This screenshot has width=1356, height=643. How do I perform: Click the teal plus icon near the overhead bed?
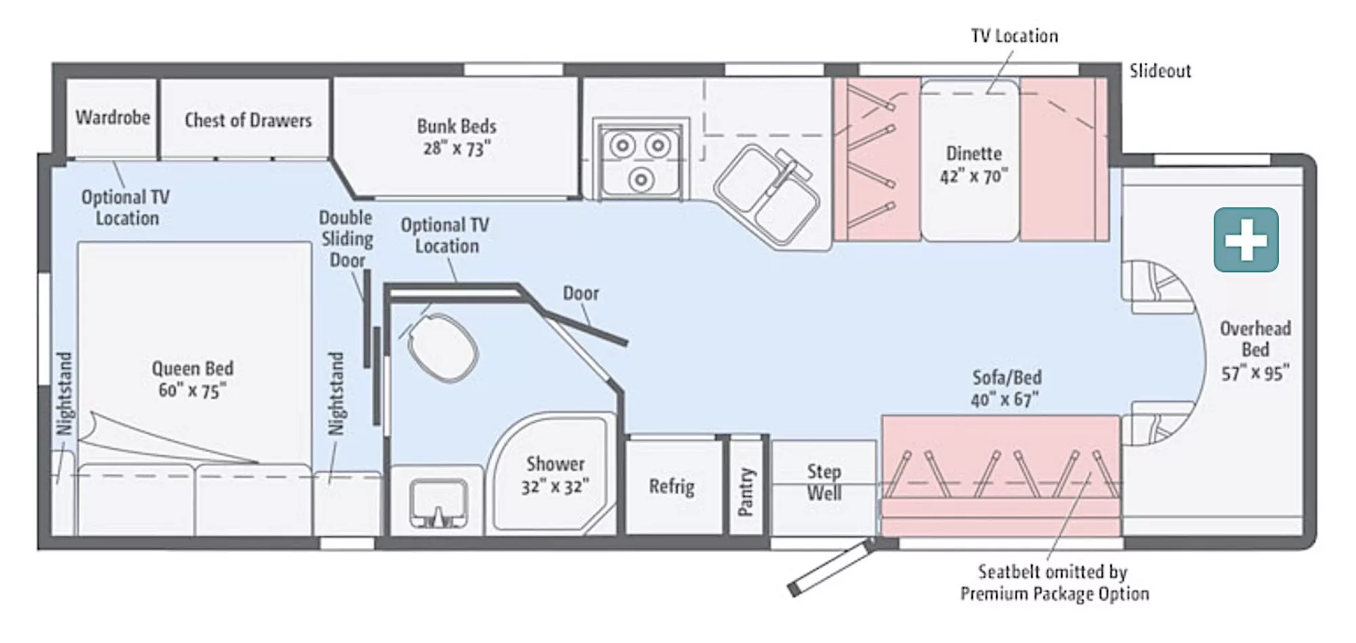[1245, 240]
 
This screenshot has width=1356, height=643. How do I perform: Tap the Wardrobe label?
[113, 117]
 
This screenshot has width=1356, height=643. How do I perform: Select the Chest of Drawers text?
[248, 120]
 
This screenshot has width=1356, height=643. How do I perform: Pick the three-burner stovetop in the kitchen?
[640, 159]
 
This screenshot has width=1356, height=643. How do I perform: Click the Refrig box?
[671, 486]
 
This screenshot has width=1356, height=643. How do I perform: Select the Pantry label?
[746, 491]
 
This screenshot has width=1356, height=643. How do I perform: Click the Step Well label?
[824, 482]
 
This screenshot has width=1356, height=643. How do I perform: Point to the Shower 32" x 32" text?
[555, 475]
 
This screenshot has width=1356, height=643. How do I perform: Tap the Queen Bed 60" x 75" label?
[193, 379]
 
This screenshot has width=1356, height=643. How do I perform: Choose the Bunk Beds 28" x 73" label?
[456, 137]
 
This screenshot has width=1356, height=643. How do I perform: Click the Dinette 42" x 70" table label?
[974, 164]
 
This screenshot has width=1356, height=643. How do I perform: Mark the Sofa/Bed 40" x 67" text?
[1006, 388]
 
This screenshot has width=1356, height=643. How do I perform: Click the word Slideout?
[1159, 71]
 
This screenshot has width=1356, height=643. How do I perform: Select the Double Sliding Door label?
[346, 239]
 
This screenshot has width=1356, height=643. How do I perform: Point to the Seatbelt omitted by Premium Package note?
[1054, 583]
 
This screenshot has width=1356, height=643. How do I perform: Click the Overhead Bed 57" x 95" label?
[1255, 351]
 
